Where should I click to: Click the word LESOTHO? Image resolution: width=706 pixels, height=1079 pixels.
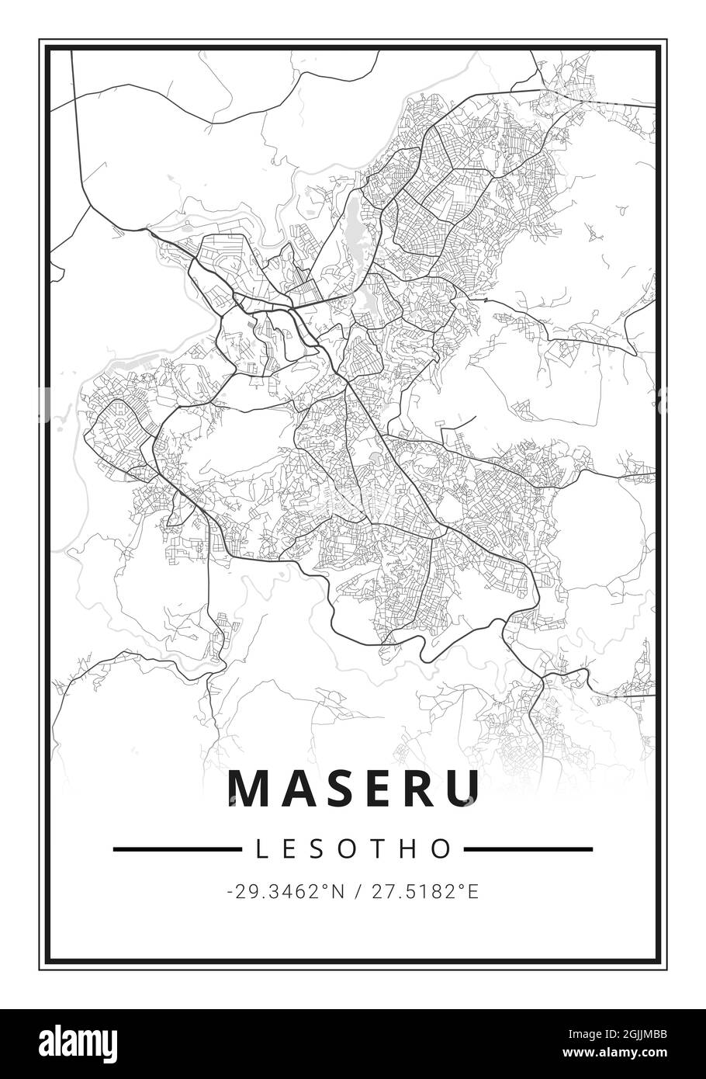pos(353,848)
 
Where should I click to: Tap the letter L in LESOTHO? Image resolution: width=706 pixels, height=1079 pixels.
pos(261,848)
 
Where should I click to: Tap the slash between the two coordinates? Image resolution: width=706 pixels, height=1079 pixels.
pos(355,892)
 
